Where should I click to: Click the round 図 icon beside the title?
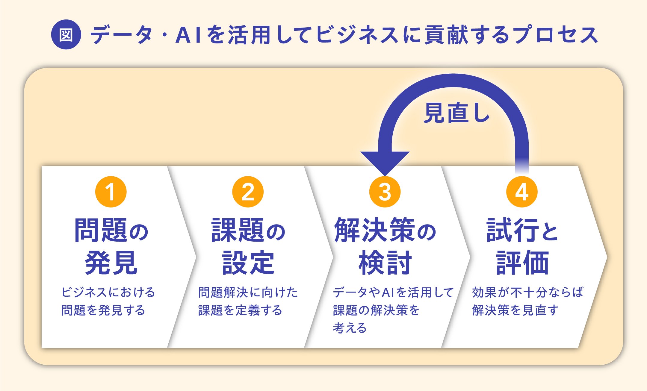coord(66,34)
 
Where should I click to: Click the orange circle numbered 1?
coord(111,192)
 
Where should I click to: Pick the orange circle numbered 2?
coord(248,192)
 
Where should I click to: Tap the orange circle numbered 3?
coord(385,192)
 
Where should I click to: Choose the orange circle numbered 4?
coord(522,192)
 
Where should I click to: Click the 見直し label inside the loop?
coord(456,113)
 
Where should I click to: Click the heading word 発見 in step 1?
coord(111,263)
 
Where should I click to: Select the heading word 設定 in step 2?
coord(248,263)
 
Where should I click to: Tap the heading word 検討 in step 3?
coord(385,263)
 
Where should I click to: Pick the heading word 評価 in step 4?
coord(522,263)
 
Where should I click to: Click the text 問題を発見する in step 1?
coord(103,310)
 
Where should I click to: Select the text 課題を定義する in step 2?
coord(240,310)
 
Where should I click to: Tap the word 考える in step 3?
coord(350,328)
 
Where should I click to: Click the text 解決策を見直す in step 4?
coord(515,310)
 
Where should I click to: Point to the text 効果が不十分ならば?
coord(528,292)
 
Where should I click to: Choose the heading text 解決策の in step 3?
coord(385,230)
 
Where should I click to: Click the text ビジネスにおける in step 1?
coord(108,292)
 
